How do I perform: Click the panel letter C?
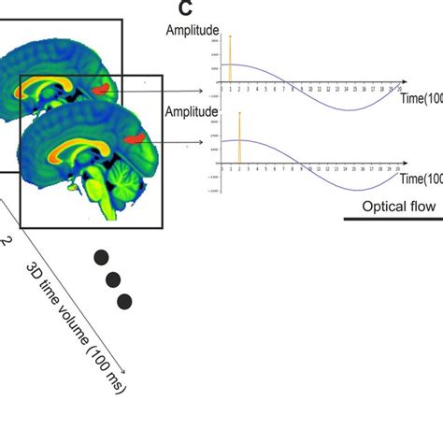pos(185,10)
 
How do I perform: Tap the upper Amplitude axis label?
pos(193,30)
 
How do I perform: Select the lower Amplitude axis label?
pos(193,111)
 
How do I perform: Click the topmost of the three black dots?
pos(100,256)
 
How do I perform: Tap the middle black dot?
pos(112,279)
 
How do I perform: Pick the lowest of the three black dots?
pos(124,300)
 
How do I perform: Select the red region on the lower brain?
pos(137,138)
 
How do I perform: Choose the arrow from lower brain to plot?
pos(182,143)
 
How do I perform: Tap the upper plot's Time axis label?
pos(420,97)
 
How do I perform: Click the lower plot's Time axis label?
pos(420,178)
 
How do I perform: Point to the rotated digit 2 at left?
pos(6,240)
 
